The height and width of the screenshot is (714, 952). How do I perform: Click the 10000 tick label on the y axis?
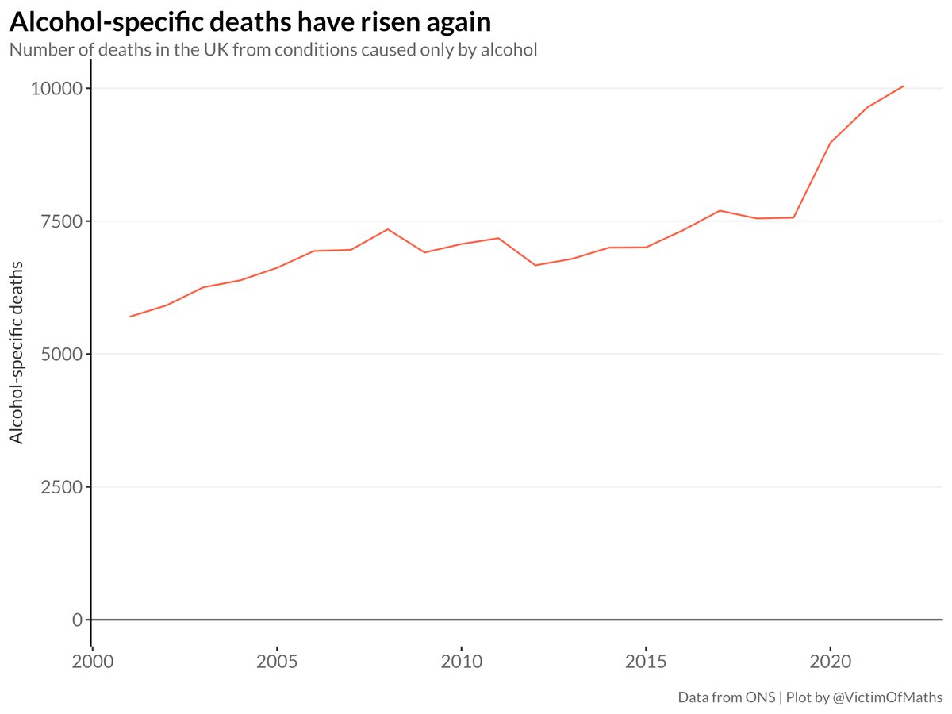[x=56, y=88]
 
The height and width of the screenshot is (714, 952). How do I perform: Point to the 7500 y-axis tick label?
[x=62, y=221]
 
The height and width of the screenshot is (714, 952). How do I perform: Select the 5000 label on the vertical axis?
[x=62, y=354]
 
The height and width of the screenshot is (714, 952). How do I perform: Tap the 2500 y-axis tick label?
[x=62, y=486]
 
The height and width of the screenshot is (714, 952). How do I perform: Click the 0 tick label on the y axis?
[x=77, y=620]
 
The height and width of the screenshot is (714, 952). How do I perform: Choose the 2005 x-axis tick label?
[x=277, y=661]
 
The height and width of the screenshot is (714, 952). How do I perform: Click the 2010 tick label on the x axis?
[x=461, y=661]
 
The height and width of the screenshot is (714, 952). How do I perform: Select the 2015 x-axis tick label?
[x=646, y=661]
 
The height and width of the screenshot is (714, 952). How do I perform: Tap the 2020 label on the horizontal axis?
[x=830, y=661]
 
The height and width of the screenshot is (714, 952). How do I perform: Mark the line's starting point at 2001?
[x=130, y=317]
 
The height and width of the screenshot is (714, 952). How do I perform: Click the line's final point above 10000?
[x=904, y=86]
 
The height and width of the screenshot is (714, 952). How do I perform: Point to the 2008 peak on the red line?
[x=387, y=229]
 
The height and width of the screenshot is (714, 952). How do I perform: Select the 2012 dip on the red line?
[x=535, y=265]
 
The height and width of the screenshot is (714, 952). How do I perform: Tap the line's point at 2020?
[x=830, y=143]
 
